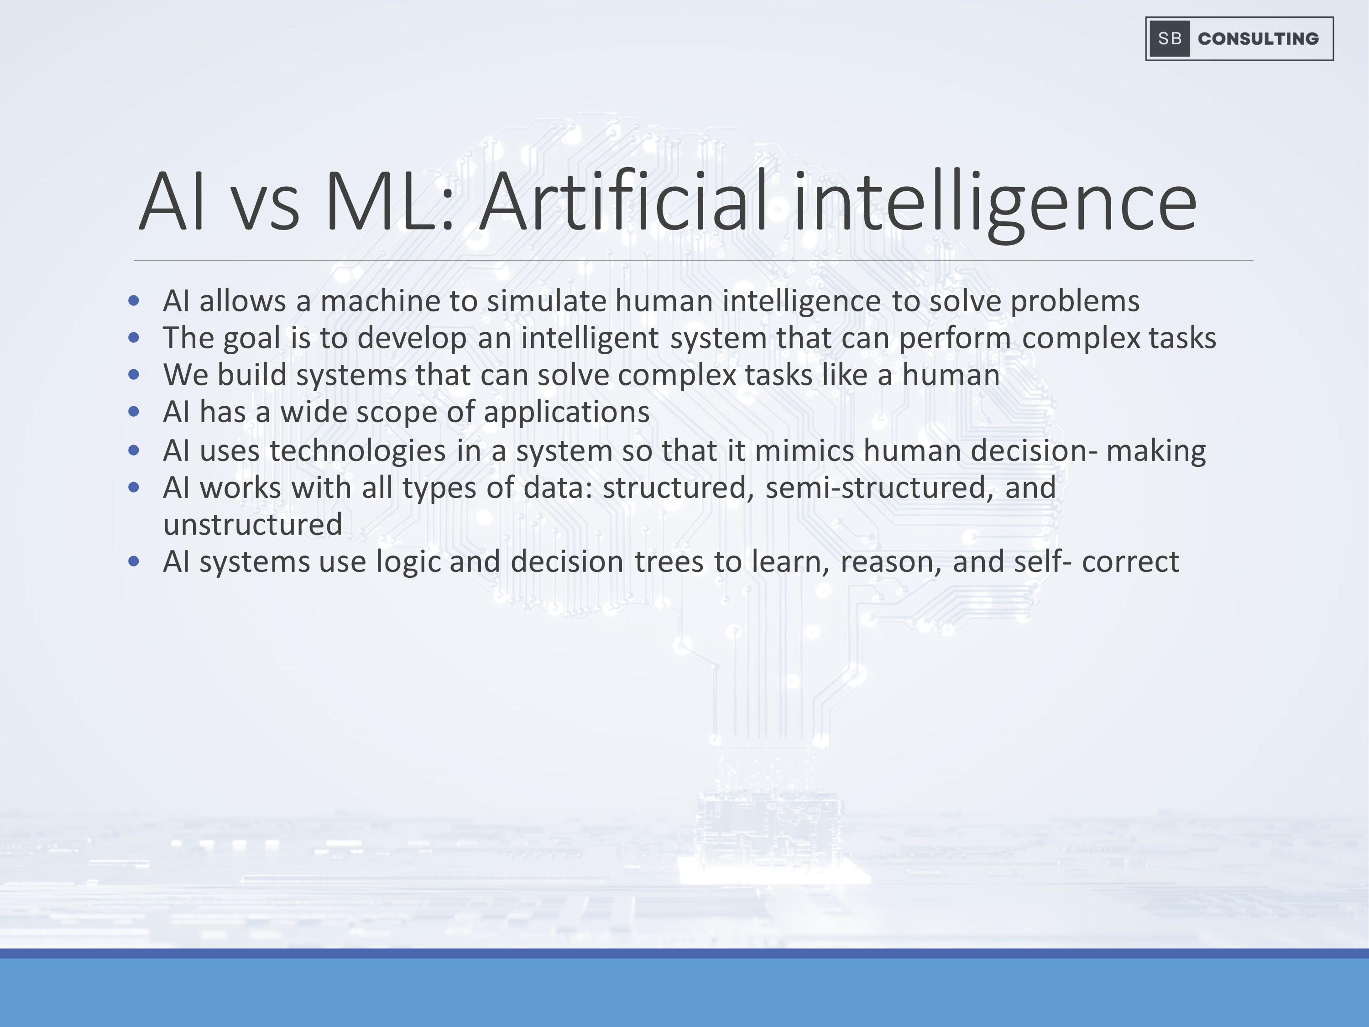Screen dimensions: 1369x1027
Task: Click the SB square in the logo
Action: [x=1170, y=38]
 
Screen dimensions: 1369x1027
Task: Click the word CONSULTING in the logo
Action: [x=1258, y=38]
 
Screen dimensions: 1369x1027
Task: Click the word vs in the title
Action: [x=266, y=209]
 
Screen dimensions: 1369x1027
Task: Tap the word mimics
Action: [x=805, y=451]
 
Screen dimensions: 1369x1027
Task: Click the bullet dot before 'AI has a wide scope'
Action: [x=134, y=412]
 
